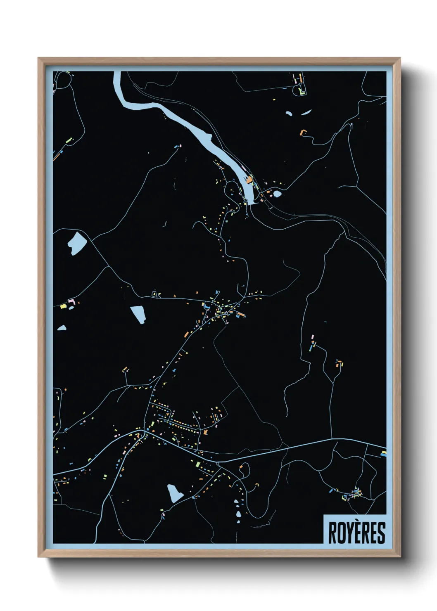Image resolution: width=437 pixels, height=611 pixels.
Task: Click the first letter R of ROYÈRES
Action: [x=332, y=533]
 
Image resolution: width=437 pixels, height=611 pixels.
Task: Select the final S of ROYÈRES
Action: [x=381, y=533]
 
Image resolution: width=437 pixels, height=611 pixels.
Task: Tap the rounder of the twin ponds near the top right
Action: [x=289, y=113]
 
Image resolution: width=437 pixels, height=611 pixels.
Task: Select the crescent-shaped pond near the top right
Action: [x=306, y=112]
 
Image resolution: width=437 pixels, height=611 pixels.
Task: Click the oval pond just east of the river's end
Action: [x=277, y=193]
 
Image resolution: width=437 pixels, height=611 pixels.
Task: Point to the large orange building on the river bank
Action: [x=249, y=180]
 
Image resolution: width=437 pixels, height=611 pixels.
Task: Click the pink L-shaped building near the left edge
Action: [x=71, y=302]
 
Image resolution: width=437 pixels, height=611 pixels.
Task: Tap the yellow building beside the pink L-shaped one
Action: [x=64, y=306]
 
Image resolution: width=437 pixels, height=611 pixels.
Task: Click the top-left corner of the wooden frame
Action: [x=39, y=59]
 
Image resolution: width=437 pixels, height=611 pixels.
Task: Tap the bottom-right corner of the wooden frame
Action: [x=400, y=557]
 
